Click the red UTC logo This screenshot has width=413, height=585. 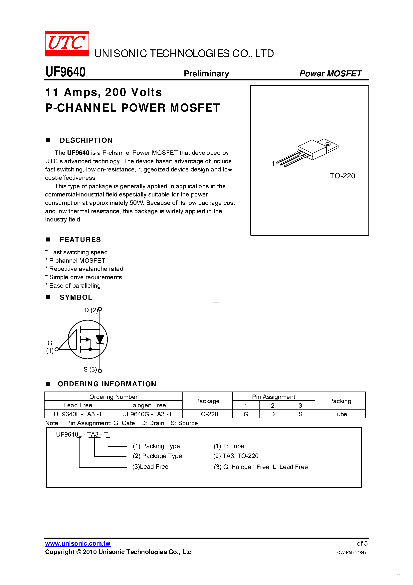pos(67,43)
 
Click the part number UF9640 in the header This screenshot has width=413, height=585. pos(65,72)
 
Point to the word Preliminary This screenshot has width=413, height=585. pos(206,74)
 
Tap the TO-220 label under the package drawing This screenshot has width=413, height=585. pos(342,176)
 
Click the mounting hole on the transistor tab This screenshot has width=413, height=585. pos(327,144)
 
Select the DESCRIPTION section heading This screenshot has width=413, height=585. pos(86,140)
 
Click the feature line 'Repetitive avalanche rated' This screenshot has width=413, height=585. pos(86,269)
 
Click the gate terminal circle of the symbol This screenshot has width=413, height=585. pos(57,349)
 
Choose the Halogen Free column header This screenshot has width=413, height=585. pos(147,405)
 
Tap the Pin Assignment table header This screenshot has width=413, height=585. pos(274,397)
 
